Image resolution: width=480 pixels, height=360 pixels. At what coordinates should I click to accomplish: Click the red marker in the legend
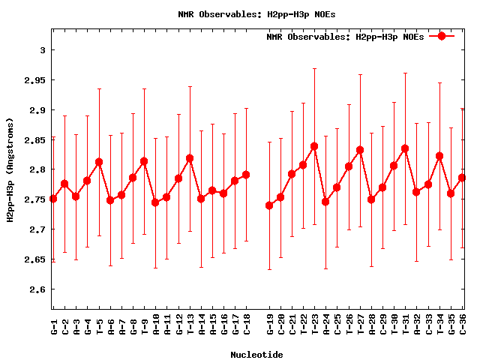click(442, 36)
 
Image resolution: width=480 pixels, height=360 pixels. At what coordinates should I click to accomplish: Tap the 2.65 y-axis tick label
click(35, 259)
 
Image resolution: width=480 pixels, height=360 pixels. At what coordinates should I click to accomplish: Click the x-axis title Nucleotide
click(256, 355)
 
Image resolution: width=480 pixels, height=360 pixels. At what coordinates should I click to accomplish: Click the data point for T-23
click(314, 146)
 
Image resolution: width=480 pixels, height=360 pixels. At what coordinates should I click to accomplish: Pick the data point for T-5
click(99, 162)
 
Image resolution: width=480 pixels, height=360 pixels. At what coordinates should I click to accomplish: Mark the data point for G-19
click(269, 205)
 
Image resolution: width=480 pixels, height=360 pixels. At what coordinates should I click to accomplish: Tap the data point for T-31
click(405, 148)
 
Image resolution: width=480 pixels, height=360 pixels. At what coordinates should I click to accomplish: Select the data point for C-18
click(246, 175)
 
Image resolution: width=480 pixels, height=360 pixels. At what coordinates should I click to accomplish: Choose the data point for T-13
click(190, 158)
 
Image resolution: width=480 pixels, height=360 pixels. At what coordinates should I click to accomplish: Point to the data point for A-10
click(155, 202)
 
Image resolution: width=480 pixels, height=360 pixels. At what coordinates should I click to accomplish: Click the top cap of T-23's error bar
click(314, 68)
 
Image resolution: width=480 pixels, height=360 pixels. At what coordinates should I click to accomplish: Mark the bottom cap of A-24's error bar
click(325, 268)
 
